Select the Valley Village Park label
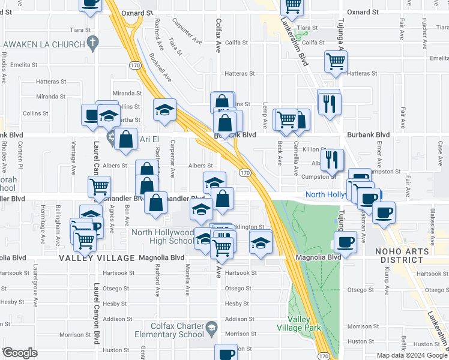(x=298, y=323)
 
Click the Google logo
(x=20, y=353)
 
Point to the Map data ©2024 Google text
(x=411, y=355)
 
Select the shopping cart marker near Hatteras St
(x=336, y=61)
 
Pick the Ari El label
(x=151, y=139)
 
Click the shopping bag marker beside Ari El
(x=127, y=140)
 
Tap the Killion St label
(x=314, y=149)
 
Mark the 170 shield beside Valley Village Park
(x=323, y=356)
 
